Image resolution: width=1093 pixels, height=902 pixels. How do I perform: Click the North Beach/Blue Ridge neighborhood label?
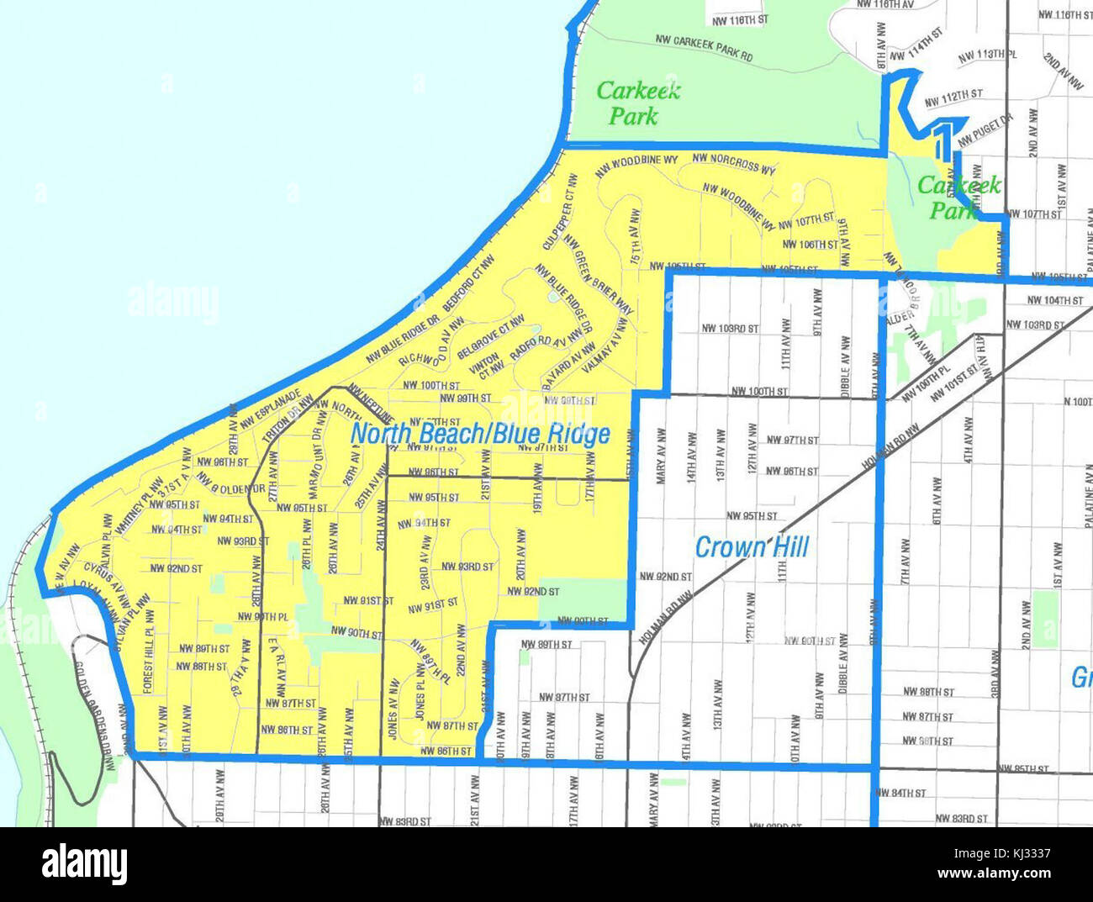coord(480,434)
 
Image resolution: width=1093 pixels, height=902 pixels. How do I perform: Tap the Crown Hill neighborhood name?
coord(751,547)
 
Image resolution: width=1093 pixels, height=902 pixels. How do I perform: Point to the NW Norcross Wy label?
coord(734,163)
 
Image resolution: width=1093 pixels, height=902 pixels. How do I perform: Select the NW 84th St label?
coord(900,793)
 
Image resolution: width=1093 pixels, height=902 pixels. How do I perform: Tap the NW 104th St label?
coord(1056,300)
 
